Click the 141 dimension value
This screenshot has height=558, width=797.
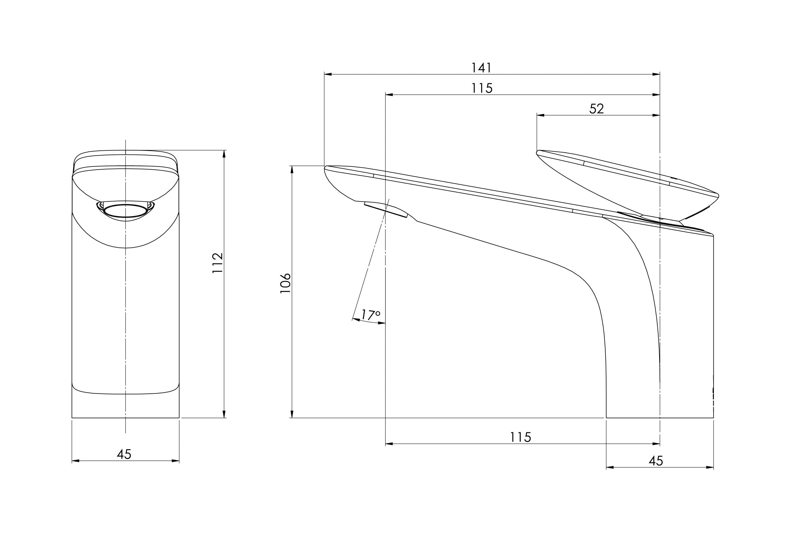pyautogui.click(x=481, y=68)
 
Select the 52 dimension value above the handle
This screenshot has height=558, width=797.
pyautogui.click(x=597, y=109)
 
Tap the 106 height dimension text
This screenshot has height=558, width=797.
pyautogui.click(x=285, y=283)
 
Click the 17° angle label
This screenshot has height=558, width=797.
pyautogui.click(x=370, y=315)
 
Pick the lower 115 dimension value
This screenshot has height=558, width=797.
pyautogui.click(x=520, y=437)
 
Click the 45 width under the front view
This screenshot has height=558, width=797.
pyautogui.click(x=124, y=454)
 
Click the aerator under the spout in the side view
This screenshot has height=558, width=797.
pyautogui.click(x=386, y=210)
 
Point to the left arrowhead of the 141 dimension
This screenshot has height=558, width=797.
pyautogui.click(x=328, y=74)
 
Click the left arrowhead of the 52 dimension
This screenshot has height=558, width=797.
pyautogui.click(x=540, y=115)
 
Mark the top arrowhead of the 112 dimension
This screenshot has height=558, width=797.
pyautogui.click(x=224, y=154)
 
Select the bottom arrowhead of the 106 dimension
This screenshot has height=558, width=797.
pyautogui.click(x=292, y=414)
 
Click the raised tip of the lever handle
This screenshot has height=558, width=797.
pyautogui.click(x=538, y=152)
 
